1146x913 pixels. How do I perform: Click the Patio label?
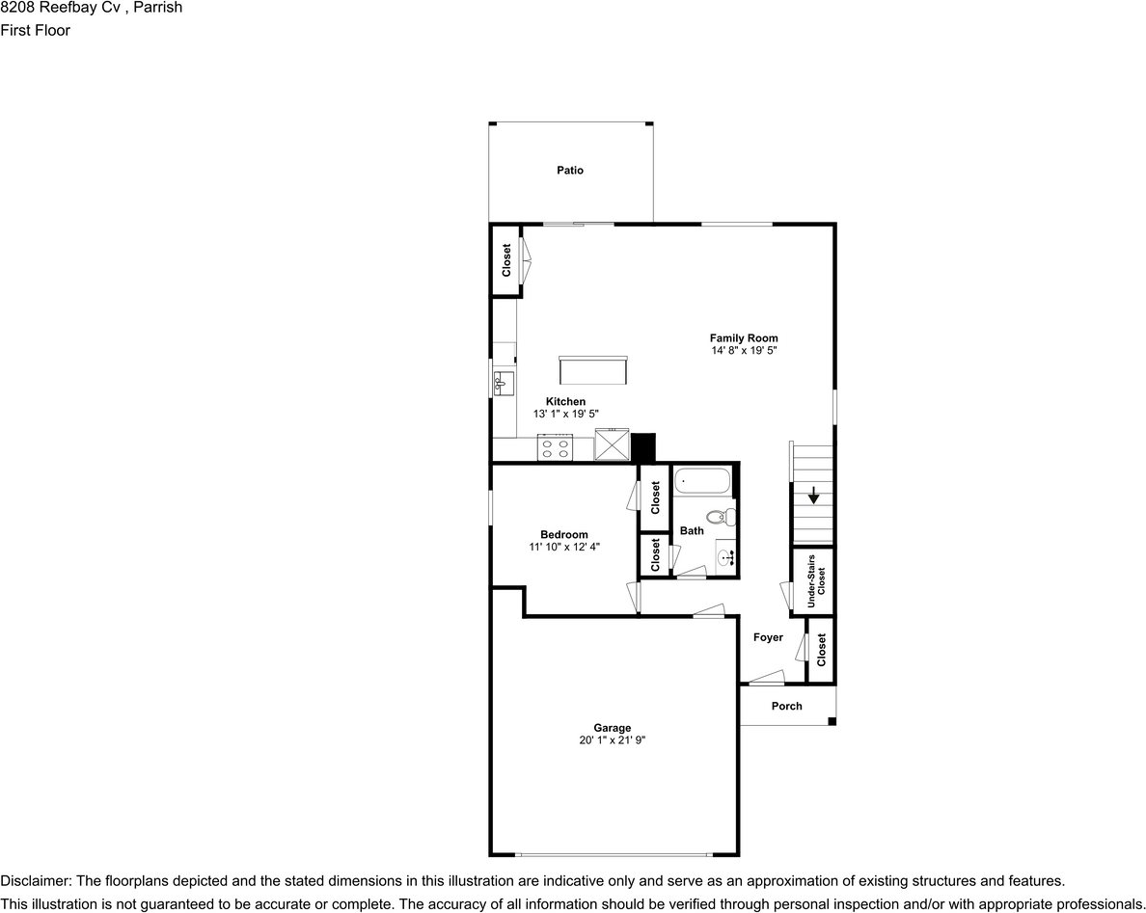click(569, 171)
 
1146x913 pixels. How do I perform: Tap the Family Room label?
click(743, 338)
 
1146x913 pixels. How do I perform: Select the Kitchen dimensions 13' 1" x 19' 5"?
click(565, 414)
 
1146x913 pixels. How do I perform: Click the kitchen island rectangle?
click(592, 370)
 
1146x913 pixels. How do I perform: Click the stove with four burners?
click(555, 448)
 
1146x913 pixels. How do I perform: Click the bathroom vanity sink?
click(725, 555)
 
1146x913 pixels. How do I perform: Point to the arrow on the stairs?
click(813, 497)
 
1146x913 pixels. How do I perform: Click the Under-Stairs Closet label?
click(816, 580)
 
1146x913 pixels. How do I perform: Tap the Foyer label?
click(768, 637)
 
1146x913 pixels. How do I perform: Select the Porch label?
click(786, 706)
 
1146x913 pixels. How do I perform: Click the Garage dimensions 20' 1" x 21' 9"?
click(612, 740)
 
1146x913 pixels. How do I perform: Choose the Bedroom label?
click(563, 535)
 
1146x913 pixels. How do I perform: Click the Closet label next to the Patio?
click(505, 260)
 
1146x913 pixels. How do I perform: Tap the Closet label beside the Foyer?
click(821, 650)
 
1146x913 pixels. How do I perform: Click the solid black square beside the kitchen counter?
click(642, 447)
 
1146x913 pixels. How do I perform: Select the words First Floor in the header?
click(36, 30)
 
